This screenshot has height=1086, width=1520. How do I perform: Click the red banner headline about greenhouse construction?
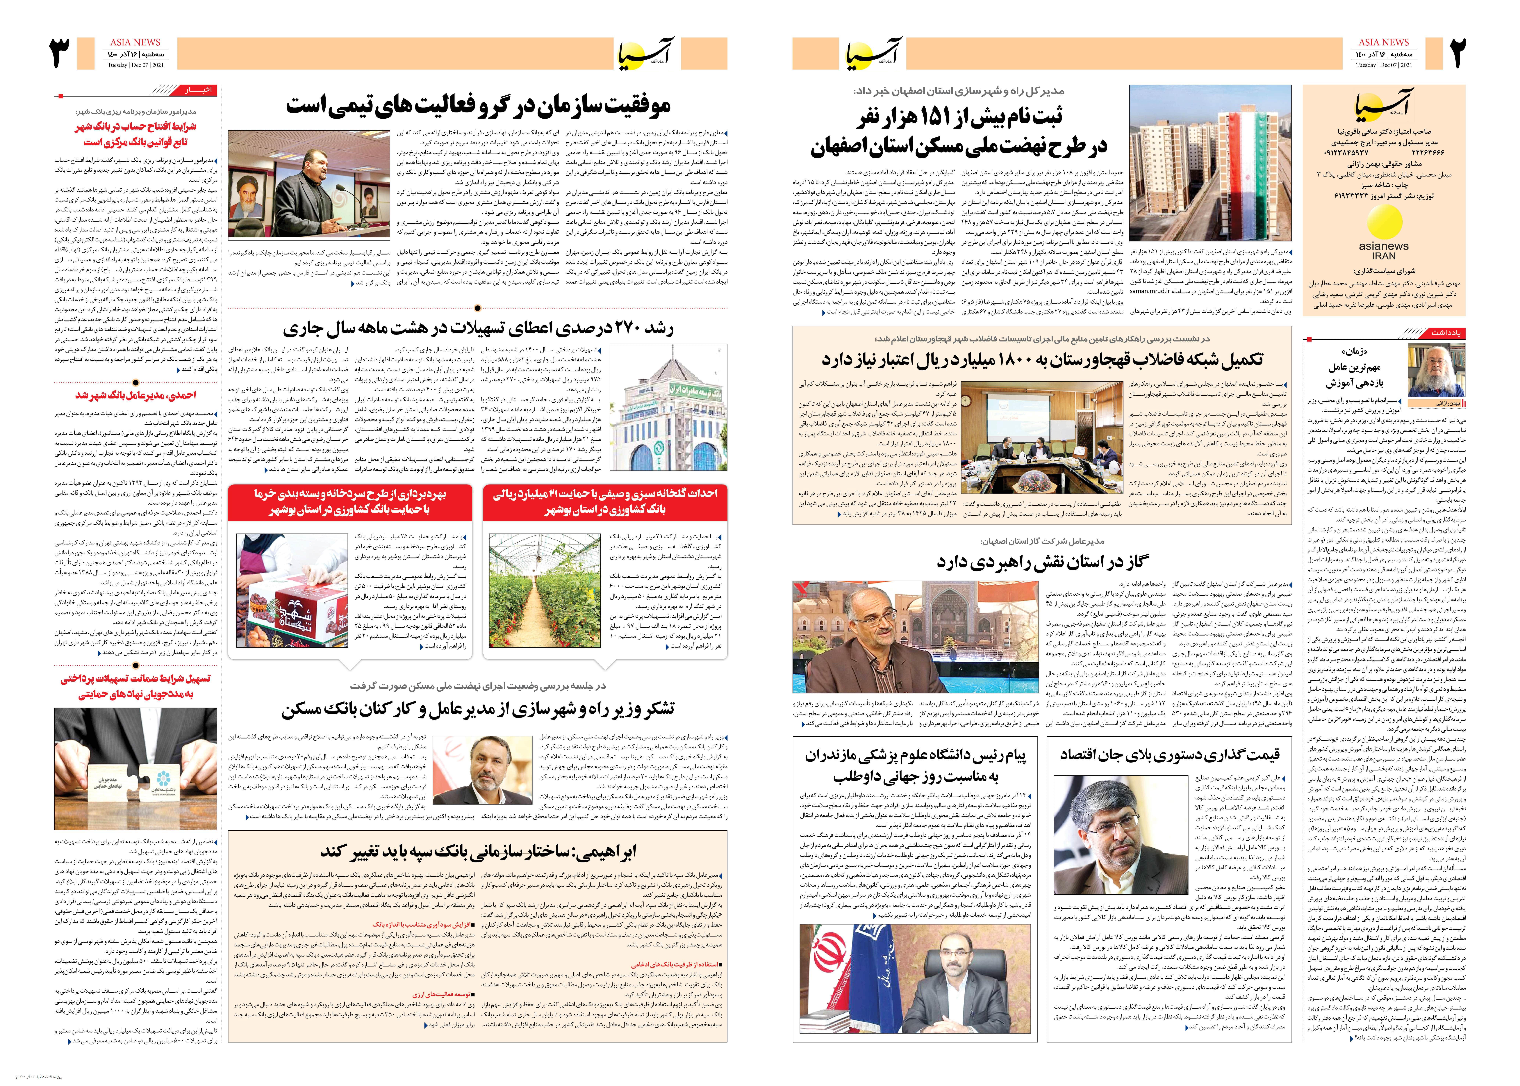605,502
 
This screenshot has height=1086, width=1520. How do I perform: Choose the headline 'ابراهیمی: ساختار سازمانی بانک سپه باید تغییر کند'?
478,851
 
